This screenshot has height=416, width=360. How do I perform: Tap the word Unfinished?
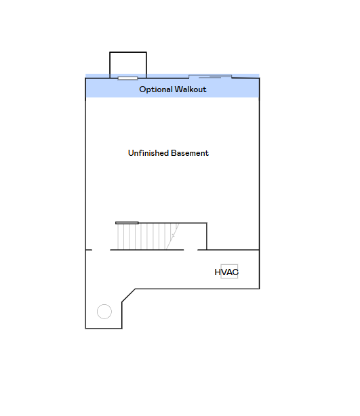[148, 153]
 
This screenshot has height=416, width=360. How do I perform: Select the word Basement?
[190, 153]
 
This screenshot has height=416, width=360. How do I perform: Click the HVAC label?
[226, 272]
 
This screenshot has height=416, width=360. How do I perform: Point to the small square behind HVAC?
[229, 271]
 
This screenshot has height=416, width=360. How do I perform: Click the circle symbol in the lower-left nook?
[104, 312]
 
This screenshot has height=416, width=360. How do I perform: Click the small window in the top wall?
[127, 79]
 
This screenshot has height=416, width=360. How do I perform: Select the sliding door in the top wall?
[210, 77]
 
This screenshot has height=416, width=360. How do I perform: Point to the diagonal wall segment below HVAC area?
[129, 295]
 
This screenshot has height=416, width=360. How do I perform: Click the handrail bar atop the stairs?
[127, 223]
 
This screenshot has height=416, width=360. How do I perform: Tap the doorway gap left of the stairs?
[101, 249]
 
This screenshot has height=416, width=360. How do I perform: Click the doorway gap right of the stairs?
[191, 249]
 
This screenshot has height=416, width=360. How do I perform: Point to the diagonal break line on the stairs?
[173, 236]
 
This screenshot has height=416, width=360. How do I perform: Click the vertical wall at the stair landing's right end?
[207, 236]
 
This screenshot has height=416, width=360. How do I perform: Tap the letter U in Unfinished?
[131, 153]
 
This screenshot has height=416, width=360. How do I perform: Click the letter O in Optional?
[142, 89]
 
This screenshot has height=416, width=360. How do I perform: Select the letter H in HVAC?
[217, 272]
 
